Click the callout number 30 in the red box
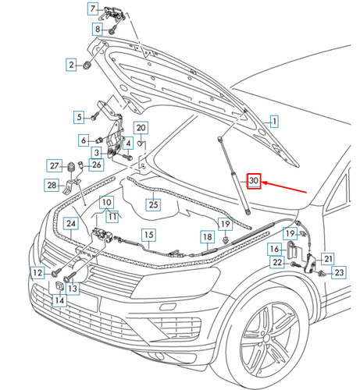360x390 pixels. tap(254, 181)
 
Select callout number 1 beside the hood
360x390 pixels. tap(274, 121)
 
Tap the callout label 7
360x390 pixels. tap(92, 9)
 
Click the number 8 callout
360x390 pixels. tap(98, 29)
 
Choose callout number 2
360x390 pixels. tap(70, 65)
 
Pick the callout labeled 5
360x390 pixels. tap(79, 117)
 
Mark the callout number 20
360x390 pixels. tap(141, 128)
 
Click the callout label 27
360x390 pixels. tap(55, 165)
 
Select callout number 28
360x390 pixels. tap(52, 185)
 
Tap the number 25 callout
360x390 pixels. tap(153, 205)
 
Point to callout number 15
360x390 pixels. tap(148, 234)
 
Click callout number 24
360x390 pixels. tap(71, 225)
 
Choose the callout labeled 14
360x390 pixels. tap(59, 300)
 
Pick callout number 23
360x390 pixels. tap(339, 273)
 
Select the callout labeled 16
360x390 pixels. tap(274, 249)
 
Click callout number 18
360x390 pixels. tap(207, 236)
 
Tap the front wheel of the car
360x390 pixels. tap(269, 341)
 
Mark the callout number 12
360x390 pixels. tap(37, 272)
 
